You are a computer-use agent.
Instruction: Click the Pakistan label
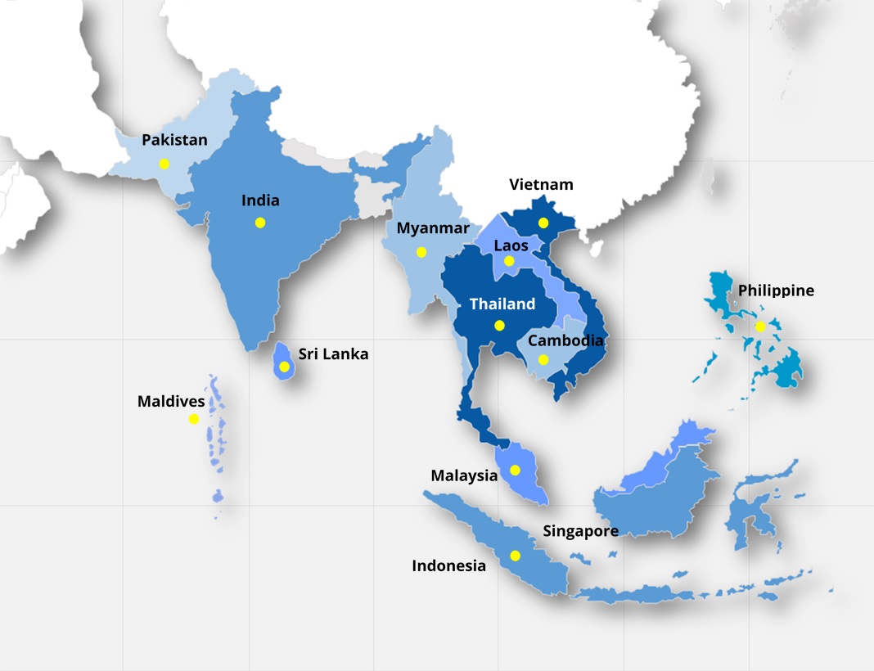coord(174,140)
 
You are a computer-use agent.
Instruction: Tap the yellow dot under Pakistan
coord(164,164)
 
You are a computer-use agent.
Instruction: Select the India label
coord(260,200)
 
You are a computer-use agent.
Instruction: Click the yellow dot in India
coord(260,223)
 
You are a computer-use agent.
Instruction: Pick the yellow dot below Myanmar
coord(421,252)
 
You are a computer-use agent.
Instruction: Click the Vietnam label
coord(541,185)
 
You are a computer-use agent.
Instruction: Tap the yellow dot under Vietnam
coord(543,223)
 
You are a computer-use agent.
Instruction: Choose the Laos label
coord(511,245)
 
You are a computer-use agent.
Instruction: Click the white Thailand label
coord(502,304)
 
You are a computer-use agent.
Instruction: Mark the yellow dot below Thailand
coord(499,325)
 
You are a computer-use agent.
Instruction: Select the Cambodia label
coord(565,340)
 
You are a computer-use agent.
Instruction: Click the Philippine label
coord(776,290)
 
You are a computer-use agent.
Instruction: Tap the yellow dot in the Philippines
coord(760,326)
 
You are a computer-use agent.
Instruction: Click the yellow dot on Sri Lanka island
coord(284,367)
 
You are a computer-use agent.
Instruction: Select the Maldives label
coord(171,402)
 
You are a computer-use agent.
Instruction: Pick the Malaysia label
coord(464,475)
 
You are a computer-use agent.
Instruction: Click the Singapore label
coord(580,532)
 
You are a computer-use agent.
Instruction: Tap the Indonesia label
coord(448,566)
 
